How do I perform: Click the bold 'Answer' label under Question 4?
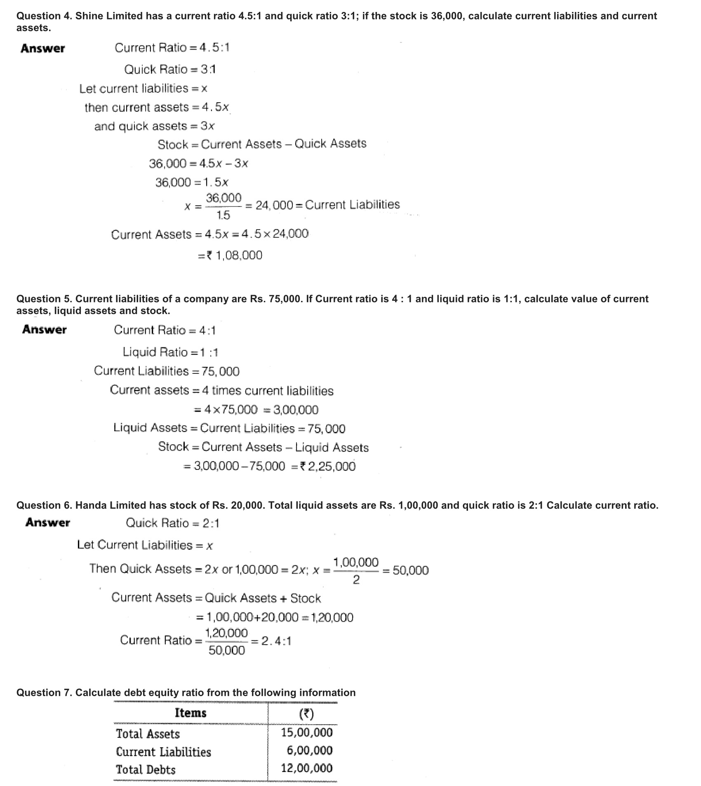click(x=43, y=49)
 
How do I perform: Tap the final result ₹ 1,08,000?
click(x=235, y=256)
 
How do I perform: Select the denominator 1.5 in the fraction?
click(x=223, y=215)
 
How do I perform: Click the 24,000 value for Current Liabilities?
click(x=274, y=205)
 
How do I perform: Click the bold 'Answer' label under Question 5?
click(x=45, y=330)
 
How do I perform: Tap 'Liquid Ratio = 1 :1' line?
click(x=170, y=352)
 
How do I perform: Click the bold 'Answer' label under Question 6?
click(x=47, y=523)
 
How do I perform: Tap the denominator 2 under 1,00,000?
click(x=356, y=580)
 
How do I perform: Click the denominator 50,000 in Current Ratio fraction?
click(x=227, y=650)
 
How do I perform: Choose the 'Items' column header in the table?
click(x=191, y=713)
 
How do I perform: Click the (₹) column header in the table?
click(x=306, y=713)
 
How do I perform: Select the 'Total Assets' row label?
click(x=148, y=734)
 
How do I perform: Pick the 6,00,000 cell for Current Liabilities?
click(x=310, y=750)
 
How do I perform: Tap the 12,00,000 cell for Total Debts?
click(x=307, y=768)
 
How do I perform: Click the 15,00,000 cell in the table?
click(x=307, y=732)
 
